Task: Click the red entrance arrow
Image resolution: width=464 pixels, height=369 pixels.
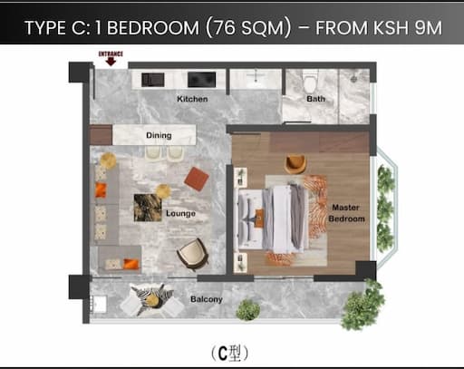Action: (111, 62)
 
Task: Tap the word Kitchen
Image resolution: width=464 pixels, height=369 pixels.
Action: (192, 99)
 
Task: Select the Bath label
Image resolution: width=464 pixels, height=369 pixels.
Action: (315, 99)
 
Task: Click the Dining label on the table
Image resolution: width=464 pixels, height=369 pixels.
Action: (159, 135)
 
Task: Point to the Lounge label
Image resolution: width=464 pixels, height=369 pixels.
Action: (180, 213)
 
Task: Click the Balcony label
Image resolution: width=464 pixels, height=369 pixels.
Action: (207, 299)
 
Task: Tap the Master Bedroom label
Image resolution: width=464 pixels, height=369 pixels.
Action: (346, 213)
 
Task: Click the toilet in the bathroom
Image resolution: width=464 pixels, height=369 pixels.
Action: (310, 82)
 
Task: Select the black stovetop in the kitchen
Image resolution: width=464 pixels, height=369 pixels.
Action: (201, 80)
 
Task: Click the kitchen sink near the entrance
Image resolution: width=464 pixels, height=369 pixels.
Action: (153, 80)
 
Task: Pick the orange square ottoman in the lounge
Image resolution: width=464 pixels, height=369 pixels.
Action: (197, 179)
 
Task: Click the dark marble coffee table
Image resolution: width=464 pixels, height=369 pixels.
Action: (148, 208)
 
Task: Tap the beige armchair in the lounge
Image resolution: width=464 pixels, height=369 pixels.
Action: (193, 254)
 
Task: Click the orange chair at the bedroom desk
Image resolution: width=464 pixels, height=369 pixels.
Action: (295, 163)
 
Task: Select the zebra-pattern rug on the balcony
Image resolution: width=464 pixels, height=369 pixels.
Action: (150, 299)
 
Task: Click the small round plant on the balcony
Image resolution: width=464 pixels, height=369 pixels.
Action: (247, 310)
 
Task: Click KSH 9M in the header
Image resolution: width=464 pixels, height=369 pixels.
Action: (408, 28)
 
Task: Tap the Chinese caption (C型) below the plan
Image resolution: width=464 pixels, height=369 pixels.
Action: (229, 353)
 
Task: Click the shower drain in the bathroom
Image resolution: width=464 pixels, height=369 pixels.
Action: (354, 79)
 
